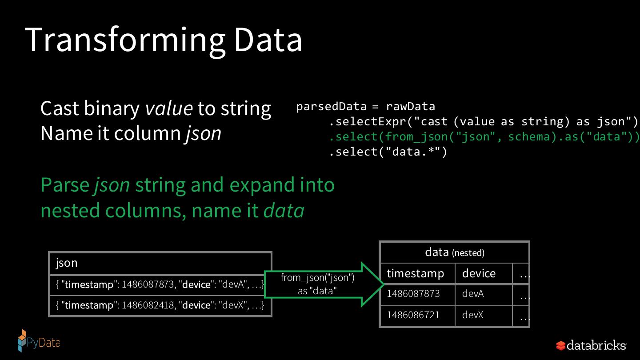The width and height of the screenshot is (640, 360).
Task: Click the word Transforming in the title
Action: point(125,40)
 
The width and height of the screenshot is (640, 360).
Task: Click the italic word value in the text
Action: point(169,108)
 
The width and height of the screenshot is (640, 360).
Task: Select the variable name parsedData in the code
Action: point(332,107)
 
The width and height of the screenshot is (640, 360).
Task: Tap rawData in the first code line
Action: point(411,107)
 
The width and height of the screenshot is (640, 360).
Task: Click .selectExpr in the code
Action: point(368,122)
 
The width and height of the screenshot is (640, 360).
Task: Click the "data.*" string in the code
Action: point(413,152)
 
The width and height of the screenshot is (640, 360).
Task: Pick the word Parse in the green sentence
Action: point(65,185)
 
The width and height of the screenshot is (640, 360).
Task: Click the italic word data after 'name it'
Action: point(284,211)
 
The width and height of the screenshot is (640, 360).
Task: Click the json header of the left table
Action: point(67,263)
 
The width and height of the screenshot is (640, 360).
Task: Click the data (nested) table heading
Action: point(455,252)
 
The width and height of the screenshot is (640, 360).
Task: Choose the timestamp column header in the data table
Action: point(416,274)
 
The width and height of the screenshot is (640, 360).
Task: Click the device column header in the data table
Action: point(479,274)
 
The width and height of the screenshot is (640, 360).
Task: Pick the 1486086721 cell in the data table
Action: point(413,315)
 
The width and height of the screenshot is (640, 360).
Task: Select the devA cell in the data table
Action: point(473,294)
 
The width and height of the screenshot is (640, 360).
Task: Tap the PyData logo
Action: point(39,341)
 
